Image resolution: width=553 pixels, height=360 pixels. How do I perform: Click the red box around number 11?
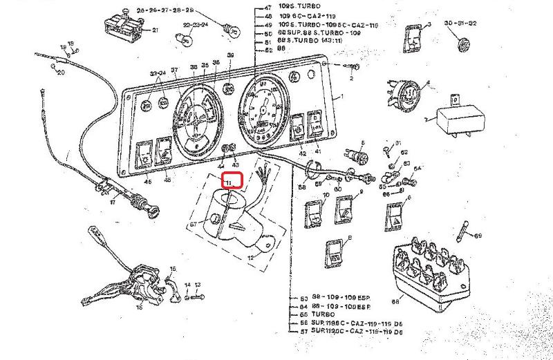pyautogui.click(x=232, y=181)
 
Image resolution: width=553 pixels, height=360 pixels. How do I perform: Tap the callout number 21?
pyautogui.click(x=156, y=30)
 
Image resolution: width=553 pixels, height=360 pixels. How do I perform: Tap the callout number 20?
pyautogui.click(x=60, y=72)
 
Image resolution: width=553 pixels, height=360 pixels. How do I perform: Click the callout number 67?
pyautogui.click(x=193, y=224)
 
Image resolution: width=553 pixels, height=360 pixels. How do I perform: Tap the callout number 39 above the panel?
pyautogui.click(x=231, y=55)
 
